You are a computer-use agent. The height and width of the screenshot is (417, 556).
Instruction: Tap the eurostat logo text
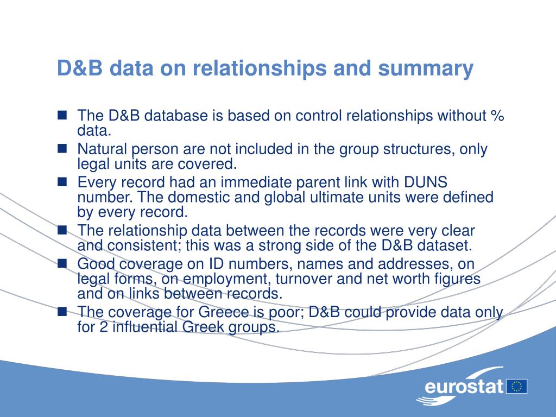464,387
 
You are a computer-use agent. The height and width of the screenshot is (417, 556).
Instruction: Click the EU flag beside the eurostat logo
517,386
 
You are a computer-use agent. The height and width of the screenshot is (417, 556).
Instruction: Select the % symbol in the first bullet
498,116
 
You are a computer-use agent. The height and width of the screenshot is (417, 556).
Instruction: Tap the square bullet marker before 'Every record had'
62,181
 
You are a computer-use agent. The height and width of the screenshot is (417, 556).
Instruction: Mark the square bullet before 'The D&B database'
62,115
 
